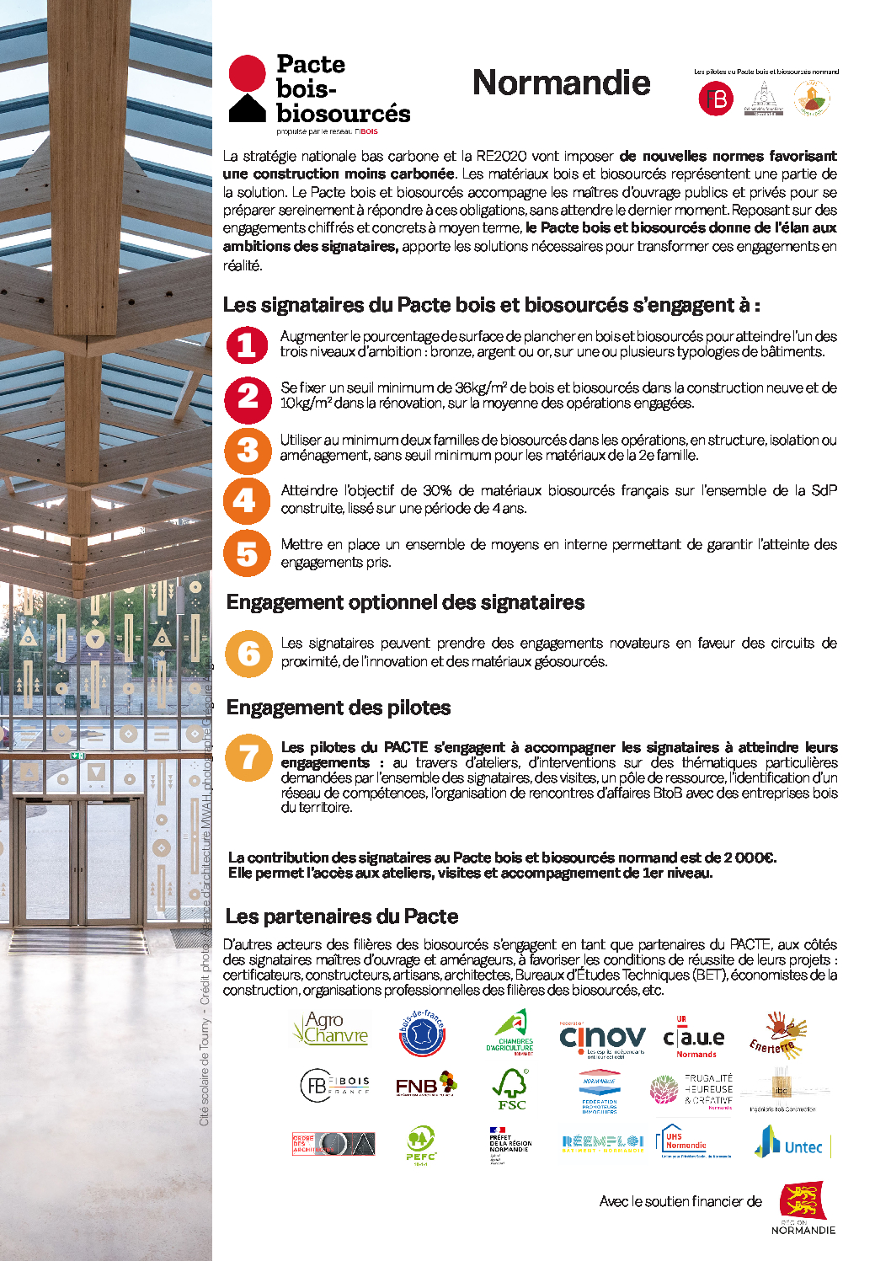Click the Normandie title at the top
[x=561, y=83]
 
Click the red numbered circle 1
[x=247, y=345]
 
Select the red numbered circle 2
[x=247, y=398]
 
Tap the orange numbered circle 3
[x=247, y=450]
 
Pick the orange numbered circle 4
[x=247, y=501]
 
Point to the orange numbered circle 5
[x=247, y=553]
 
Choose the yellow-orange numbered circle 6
[x=248, y=653]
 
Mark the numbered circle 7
[x=248, y=757]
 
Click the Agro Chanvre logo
[x=331, y=1029]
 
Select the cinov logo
[x=602, y=1038]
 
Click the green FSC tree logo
[x=510, y=1089]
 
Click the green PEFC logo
[x=420, y=1145]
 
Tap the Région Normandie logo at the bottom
[x=803, y=1207]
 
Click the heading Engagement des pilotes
[x=339, y=708]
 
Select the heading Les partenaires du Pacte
[x=342, y=916]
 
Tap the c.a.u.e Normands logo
[x=695, y=1038]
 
